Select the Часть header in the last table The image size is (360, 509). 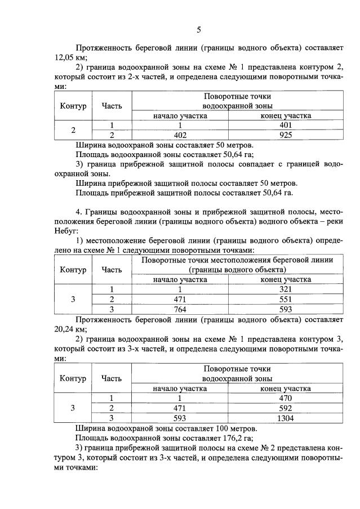(x=112, y=378)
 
